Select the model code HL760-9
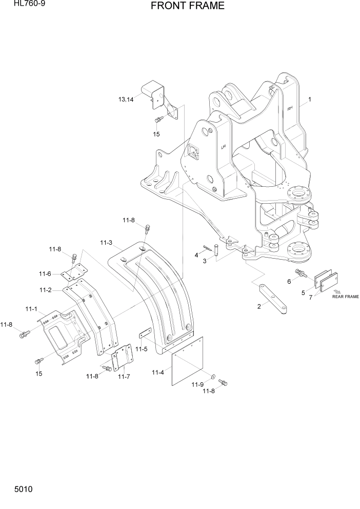point(22,5)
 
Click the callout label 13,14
point(125,99)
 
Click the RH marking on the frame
point(290,108)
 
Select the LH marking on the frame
point(224,147)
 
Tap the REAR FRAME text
point(345,297)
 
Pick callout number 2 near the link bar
point(259,306)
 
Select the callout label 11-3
point(106,242)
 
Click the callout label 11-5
point(141,349)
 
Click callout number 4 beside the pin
point(196,255)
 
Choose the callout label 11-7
point(124,377)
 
